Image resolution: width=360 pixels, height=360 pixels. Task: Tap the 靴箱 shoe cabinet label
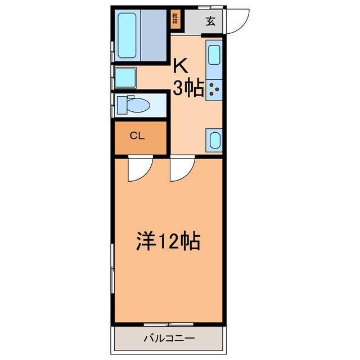[x=176, y=20]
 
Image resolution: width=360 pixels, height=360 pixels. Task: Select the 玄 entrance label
[x=210, y=22]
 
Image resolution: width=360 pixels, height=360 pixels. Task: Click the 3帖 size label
[x=187, y=89]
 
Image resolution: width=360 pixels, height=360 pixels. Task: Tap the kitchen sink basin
[x=214, y=56]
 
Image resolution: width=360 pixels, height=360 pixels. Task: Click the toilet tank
[x=122, y=105]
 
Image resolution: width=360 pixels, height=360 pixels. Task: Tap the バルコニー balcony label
[x=169, y=339]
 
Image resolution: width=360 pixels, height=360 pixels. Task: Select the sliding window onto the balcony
[x=169, y=325]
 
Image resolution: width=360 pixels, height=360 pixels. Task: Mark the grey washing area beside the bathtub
[x=155, y=35]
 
